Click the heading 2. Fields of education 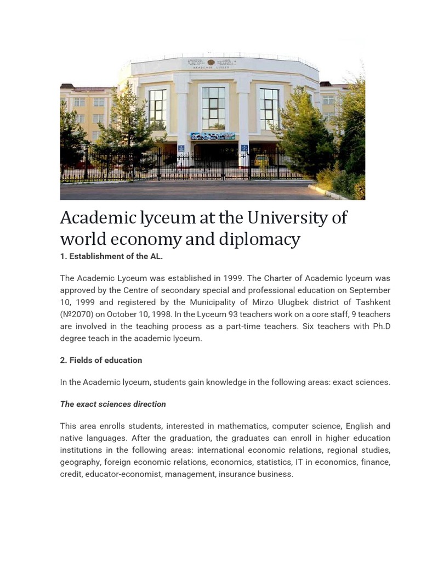[x=101, y=360]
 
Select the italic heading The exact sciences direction [x=113, y=404]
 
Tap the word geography [x=80, y=462]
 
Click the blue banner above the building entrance [x=212, y=136]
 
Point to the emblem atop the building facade [x=211, y=63]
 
